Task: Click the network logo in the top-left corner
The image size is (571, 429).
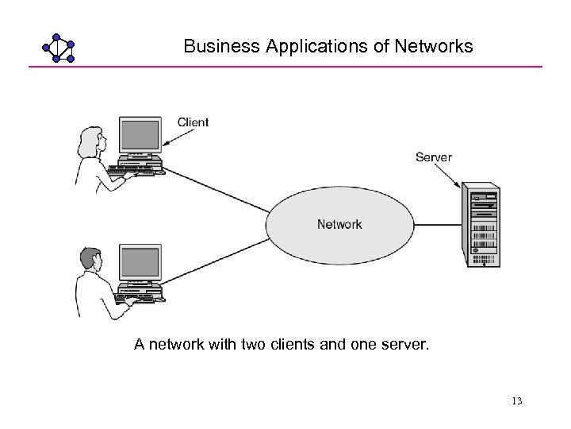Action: click(58, 48)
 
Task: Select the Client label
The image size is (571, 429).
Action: click(193, 122)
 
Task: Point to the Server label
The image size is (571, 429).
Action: click(434, 157)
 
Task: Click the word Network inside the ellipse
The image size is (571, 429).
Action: click(339, 224)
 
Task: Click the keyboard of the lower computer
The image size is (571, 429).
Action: click(137, 299)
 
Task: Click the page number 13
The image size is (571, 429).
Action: click(517, 401)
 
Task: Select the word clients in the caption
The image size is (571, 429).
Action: click(301, 344)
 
